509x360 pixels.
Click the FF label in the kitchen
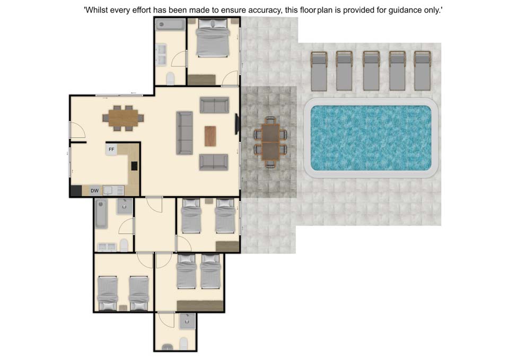pyautogui.click(x=111, y=150)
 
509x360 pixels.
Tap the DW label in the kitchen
pyautogui.click(x=94, y=190)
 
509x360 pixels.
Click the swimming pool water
pyautogui.click(x=371, y=138)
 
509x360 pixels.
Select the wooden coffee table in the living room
pyautogui.click(x=210, y=136)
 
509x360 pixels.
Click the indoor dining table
pyautogui.click(x=123, y=118)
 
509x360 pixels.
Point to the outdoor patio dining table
pyautogui.click(x=270, y=142)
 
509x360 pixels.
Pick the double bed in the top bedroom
pyautogui.click(x=213, y=37)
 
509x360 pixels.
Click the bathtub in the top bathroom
pyautogui.click(x=170, y=25)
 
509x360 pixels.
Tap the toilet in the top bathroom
pyautogui.click(x=170, y=78)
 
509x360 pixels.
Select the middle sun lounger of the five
pyautogui.click(x=371, y=71)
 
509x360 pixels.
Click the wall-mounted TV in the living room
pyautogui.click(x=237, y=124)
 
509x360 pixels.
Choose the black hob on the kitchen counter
pyautogui.click(x=134, y=166)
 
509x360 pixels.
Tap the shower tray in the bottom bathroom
pyautogui.click(x=187, y=321)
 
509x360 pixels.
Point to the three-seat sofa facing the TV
pyautogui.click(x=185, y=133)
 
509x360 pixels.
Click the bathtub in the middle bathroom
pyautogui.click(x=101, y=214)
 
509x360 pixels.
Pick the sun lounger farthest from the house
pyautogui.click(x=423, y=71)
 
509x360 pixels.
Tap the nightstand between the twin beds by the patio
pyautogui.click(x=209, y=201)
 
